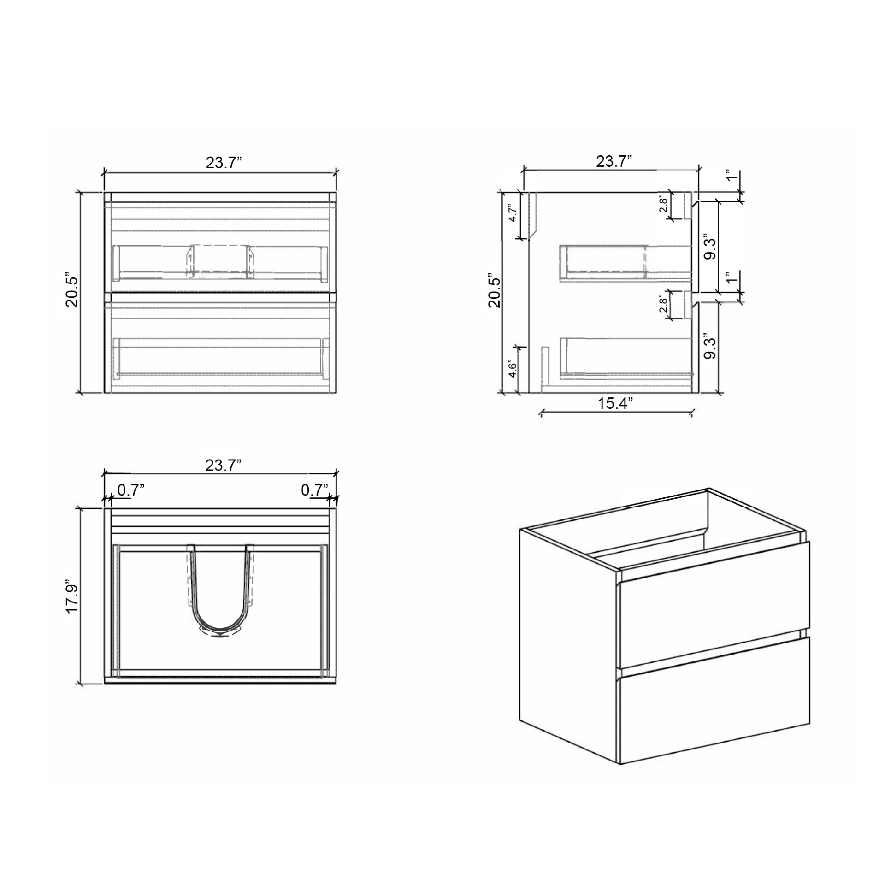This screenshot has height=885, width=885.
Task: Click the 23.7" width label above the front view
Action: click(x=224, y=163)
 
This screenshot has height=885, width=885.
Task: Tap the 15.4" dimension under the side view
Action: click(x=615, y=403)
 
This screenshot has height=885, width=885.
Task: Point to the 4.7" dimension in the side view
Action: click(x=513, y=214)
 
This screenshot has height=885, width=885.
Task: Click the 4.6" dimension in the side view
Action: click(x=513, y=369)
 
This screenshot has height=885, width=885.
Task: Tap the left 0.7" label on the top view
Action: click(x=131, y=490)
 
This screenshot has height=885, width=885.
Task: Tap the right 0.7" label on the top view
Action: click(x=315, y=490)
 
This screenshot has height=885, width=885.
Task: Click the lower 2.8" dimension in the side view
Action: click(x=663, y=304)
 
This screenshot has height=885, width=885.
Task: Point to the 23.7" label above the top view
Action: click(x=224, y=466)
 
